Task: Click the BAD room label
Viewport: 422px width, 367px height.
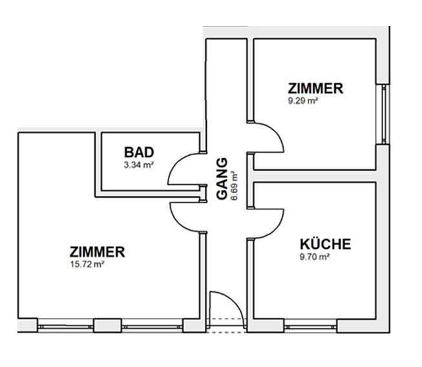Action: click(x=139, y=152)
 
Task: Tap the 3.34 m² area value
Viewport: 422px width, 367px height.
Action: click(x=138, y=165)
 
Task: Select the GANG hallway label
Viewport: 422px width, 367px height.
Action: click(x=222, y=178)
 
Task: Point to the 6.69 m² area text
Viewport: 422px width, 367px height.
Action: click(x=234, y=185)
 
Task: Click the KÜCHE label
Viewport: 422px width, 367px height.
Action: click(x=325, y=244)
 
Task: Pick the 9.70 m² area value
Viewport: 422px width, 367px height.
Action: click(x=315, y=257)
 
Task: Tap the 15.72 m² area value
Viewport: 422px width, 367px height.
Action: click(x=87, y=264)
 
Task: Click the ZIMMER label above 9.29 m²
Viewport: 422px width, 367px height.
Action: click(x=315, y=89)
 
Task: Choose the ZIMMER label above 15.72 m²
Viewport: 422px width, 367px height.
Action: click(x=98, y=252)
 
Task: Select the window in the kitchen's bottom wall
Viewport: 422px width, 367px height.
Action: click(x=311, y=327)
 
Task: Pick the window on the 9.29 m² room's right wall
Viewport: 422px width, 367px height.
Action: click(x=384, y=114)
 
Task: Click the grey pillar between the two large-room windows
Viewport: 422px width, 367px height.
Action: click(x=107, y=326)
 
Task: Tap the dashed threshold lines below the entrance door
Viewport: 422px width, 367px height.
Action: click(x=226, y=326)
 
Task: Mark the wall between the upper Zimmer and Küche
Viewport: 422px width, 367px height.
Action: click(x=315, y=176)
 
